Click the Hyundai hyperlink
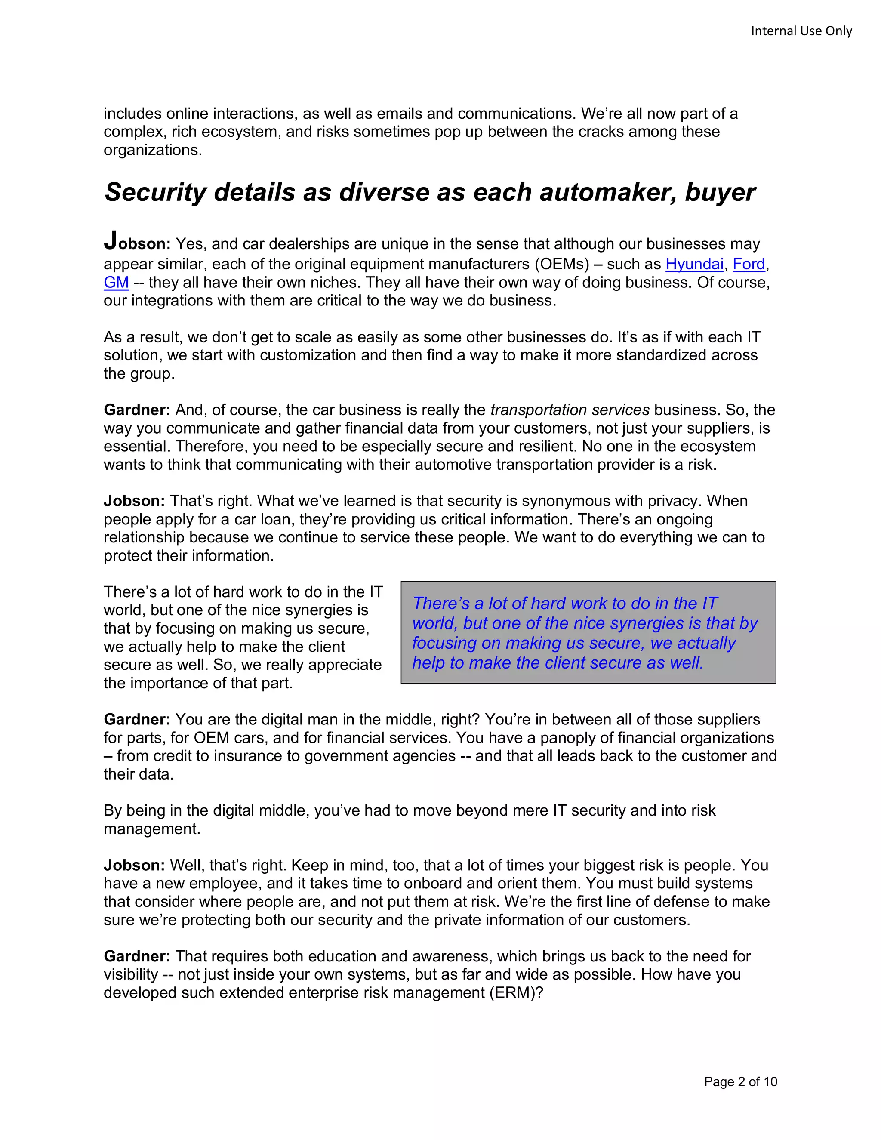[694, 264]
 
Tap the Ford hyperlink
[749, 264]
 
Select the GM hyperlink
[116, 282]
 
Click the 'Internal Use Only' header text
[801, 31]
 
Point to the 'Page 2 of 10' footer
[740, 1081]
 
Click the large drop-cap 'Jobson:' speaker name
[137, 243]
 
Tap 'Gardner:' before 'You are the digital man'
[137, 719]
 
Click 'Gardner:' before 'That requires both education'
[137, 956]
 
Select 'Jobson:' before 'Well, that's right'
[134, 865]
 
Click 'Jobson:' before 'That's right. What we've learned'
[134, 501]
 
